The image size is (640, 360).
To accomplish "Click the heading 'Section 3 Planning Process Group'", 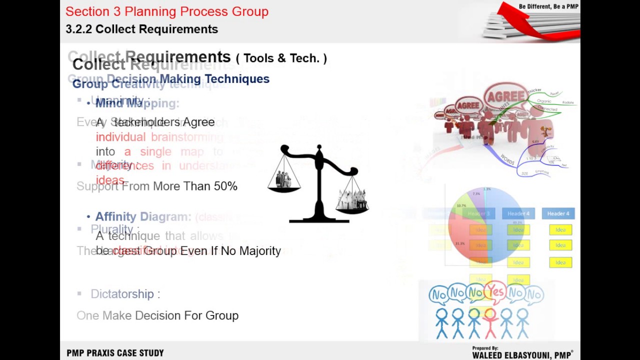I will coord(166,11).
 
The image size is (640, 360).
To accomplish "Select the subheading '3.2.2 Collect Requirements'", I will coord(141,29).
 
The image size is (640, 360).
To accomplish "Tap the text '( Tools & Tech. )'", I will coord(281,58).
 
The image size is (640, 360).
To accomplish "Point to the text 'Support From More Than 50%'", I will coord(157,186).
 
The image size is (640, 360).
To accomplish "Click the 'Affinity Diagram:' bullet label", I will coord(143,216).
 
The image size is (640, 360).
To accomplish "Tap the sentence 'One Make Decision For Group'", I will coord(157,315).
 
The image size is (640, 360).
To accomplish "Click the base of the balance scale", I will coord(319,219).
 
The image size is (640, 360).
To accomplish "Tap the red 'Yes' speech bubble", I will coord(496,290).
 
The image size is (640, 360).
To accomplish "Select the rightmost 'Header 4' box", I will coord(558,213).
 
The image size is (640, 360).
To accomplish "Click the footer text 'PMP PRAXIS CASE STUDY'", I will coord(115,353).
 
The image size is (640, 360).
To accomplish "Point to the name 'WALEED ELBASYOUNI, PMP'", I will coord(522,355).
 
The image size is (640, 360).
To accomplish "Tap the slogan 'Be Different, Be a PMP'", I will coord(548,6).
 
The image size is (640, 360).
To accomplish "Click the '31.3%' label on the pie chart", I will coord(460,243).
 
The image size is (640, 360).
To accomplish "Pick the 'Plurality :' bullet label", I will coord(115,229).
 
